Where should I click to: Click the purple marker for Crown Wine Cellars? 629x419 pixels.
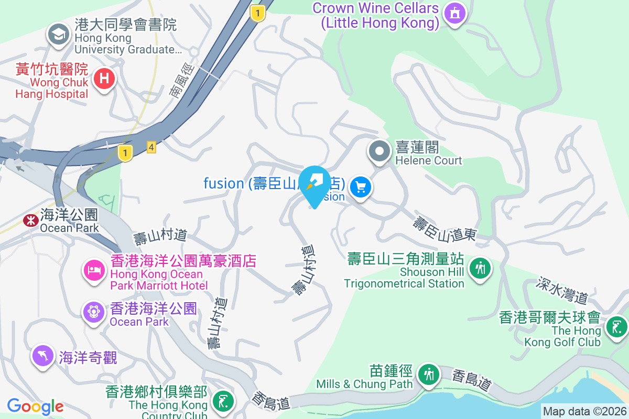454,13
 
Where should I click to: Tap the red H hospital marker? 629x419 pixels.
104,79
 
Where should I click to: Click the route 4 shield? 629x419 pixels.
151,148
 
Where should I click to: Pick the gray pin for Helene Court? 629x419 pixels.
379,152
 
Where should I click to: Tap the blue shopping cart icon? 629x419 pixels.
361,186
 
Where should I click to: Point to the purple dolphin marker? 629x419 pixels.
43,356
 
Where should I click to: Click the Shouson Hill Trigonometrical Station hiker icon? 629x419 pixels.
480,269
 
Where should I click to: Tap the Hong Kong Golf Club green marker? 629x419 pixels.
616,327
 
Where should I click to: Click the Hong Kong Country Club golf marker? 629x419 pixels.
223,402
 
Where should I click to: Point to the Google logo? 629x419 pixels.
35,406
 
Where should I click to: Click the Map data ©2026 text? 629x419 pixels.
584,412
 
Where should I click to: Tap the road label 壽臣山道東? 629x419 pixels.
444,229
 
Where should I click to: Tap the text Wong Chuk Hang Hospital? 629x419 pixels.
51,88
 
